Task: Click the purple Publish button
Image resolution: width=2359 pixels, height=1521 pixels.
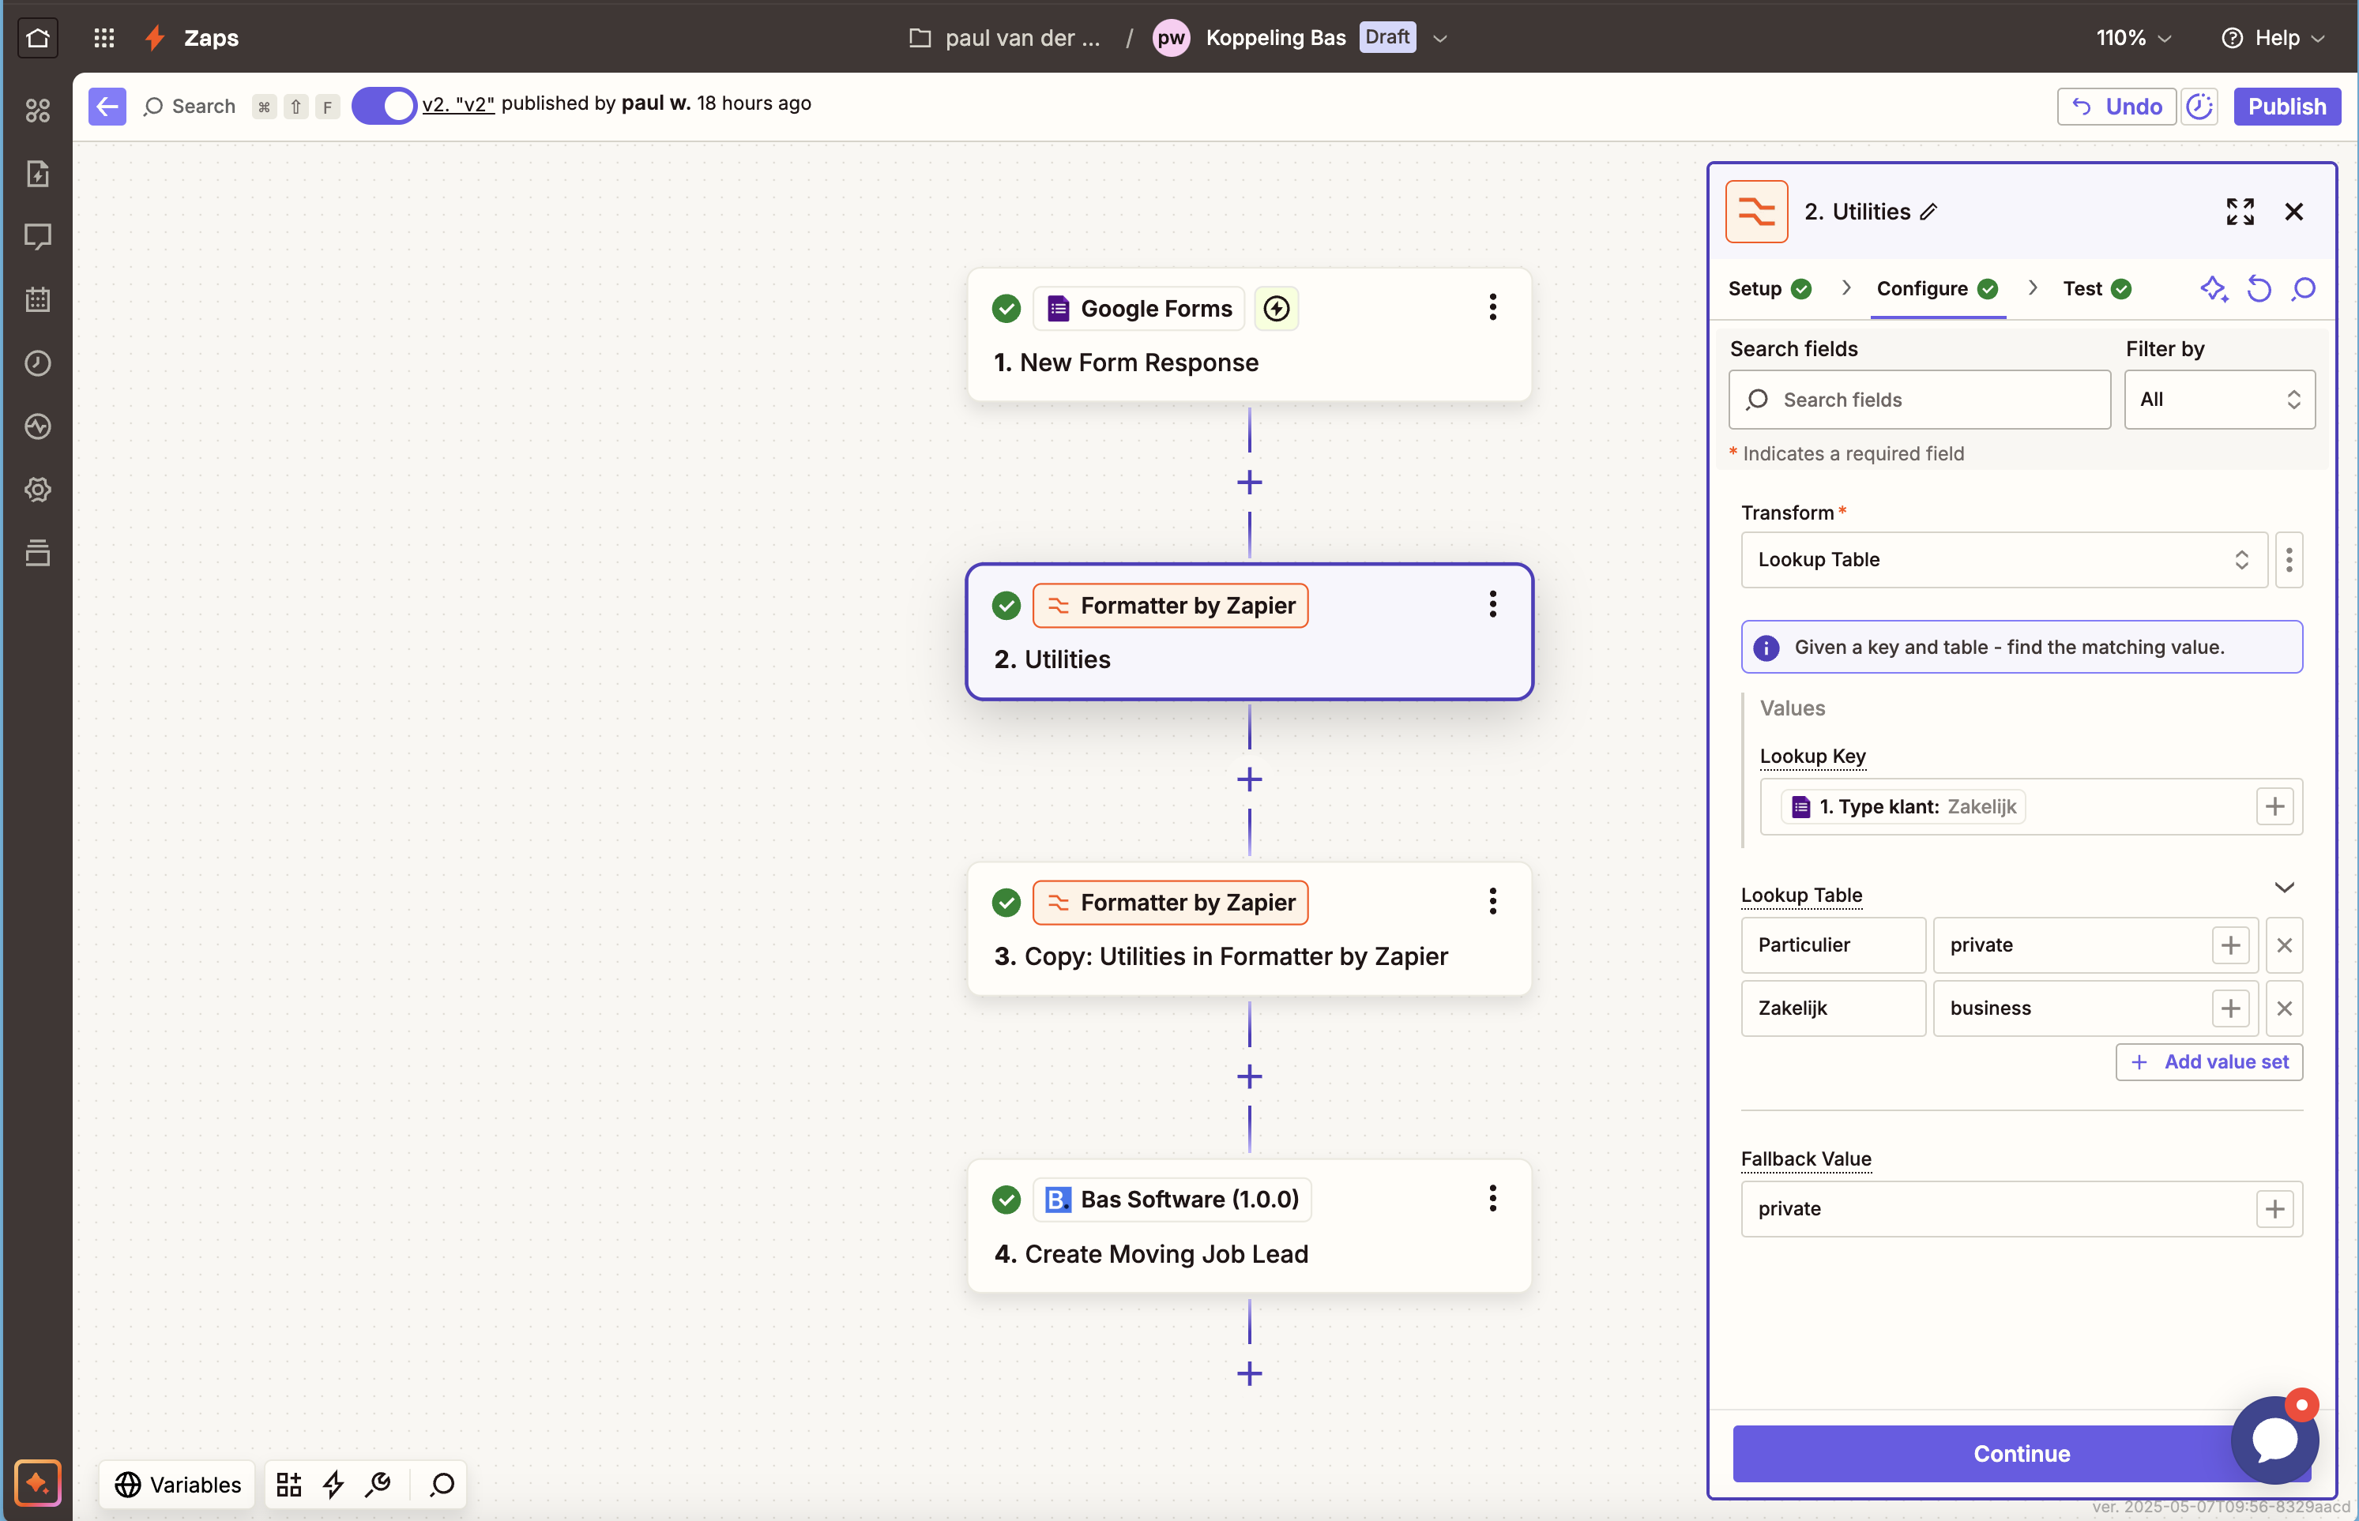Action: pyautogui.click(x=2287, y=107)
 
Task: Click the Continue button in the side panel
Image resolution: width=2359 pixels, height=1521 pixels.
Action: pyautogui.click(x=2021, y=1453)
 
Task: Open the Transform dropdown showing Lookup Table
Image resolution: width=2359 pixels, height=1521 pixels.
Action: pyautogui.click(x=2003, y=560)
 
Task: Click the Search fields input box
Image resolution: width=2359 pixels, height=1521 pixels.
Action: pyautogui.click(x=1920, y=400)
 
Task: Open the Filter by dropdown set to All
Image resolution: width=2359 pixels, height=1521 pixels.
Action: pyautogui.click(x=2218, y=400)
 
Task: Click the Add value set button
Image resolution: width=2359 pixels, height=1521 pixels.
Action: pyautogui.click(x=2209, y=1061)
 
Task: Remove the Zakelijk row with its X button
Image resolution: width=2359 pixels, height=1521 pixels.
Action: pyautogui.click(x=2284, y=1008)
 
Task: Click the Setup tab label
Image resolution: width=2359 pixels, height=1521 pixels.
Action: pyautogui.click(x=1755, y=288)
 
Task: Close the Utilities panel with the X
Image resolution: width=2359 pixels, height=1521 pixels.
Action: pyautogui.click(x=2293, y=212)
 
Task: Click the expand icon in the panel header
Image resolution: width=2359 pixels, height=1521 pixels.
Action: pyautogui.click(x=2240, y=212)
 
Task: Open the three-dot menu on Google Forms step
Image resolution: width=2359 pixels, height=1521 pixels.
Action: pyautogui.click(x=1492, y=307)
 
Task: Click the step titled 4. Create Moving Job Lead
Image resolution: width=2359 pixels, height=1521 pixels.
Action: pyautogui.click(x=1249, y=1226)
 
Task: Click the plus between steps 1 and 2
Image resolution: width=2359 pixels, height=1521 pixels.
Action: pyautogui.click(x=1249, y=482)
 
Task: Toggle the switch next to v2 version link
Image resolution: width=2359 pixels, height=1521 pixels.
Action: pyautogui.click(x=384, y=106)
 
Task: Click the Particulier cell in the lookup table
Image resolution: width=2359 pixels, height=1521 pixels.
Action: pyautogui.click(x=1833, y=945)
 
